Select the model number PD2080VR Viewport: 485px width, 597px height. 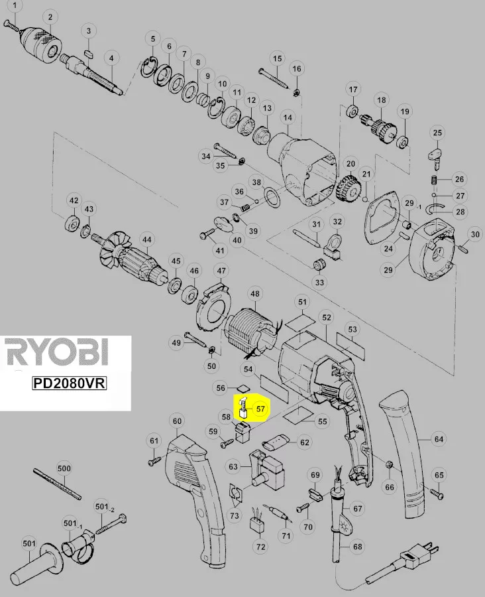click(x=69, y=383)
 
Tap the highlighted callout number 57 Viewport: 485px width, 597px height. click(x=260, y=409)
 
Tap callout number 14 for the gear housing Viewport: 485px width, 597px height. click(x=288, y=117)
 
